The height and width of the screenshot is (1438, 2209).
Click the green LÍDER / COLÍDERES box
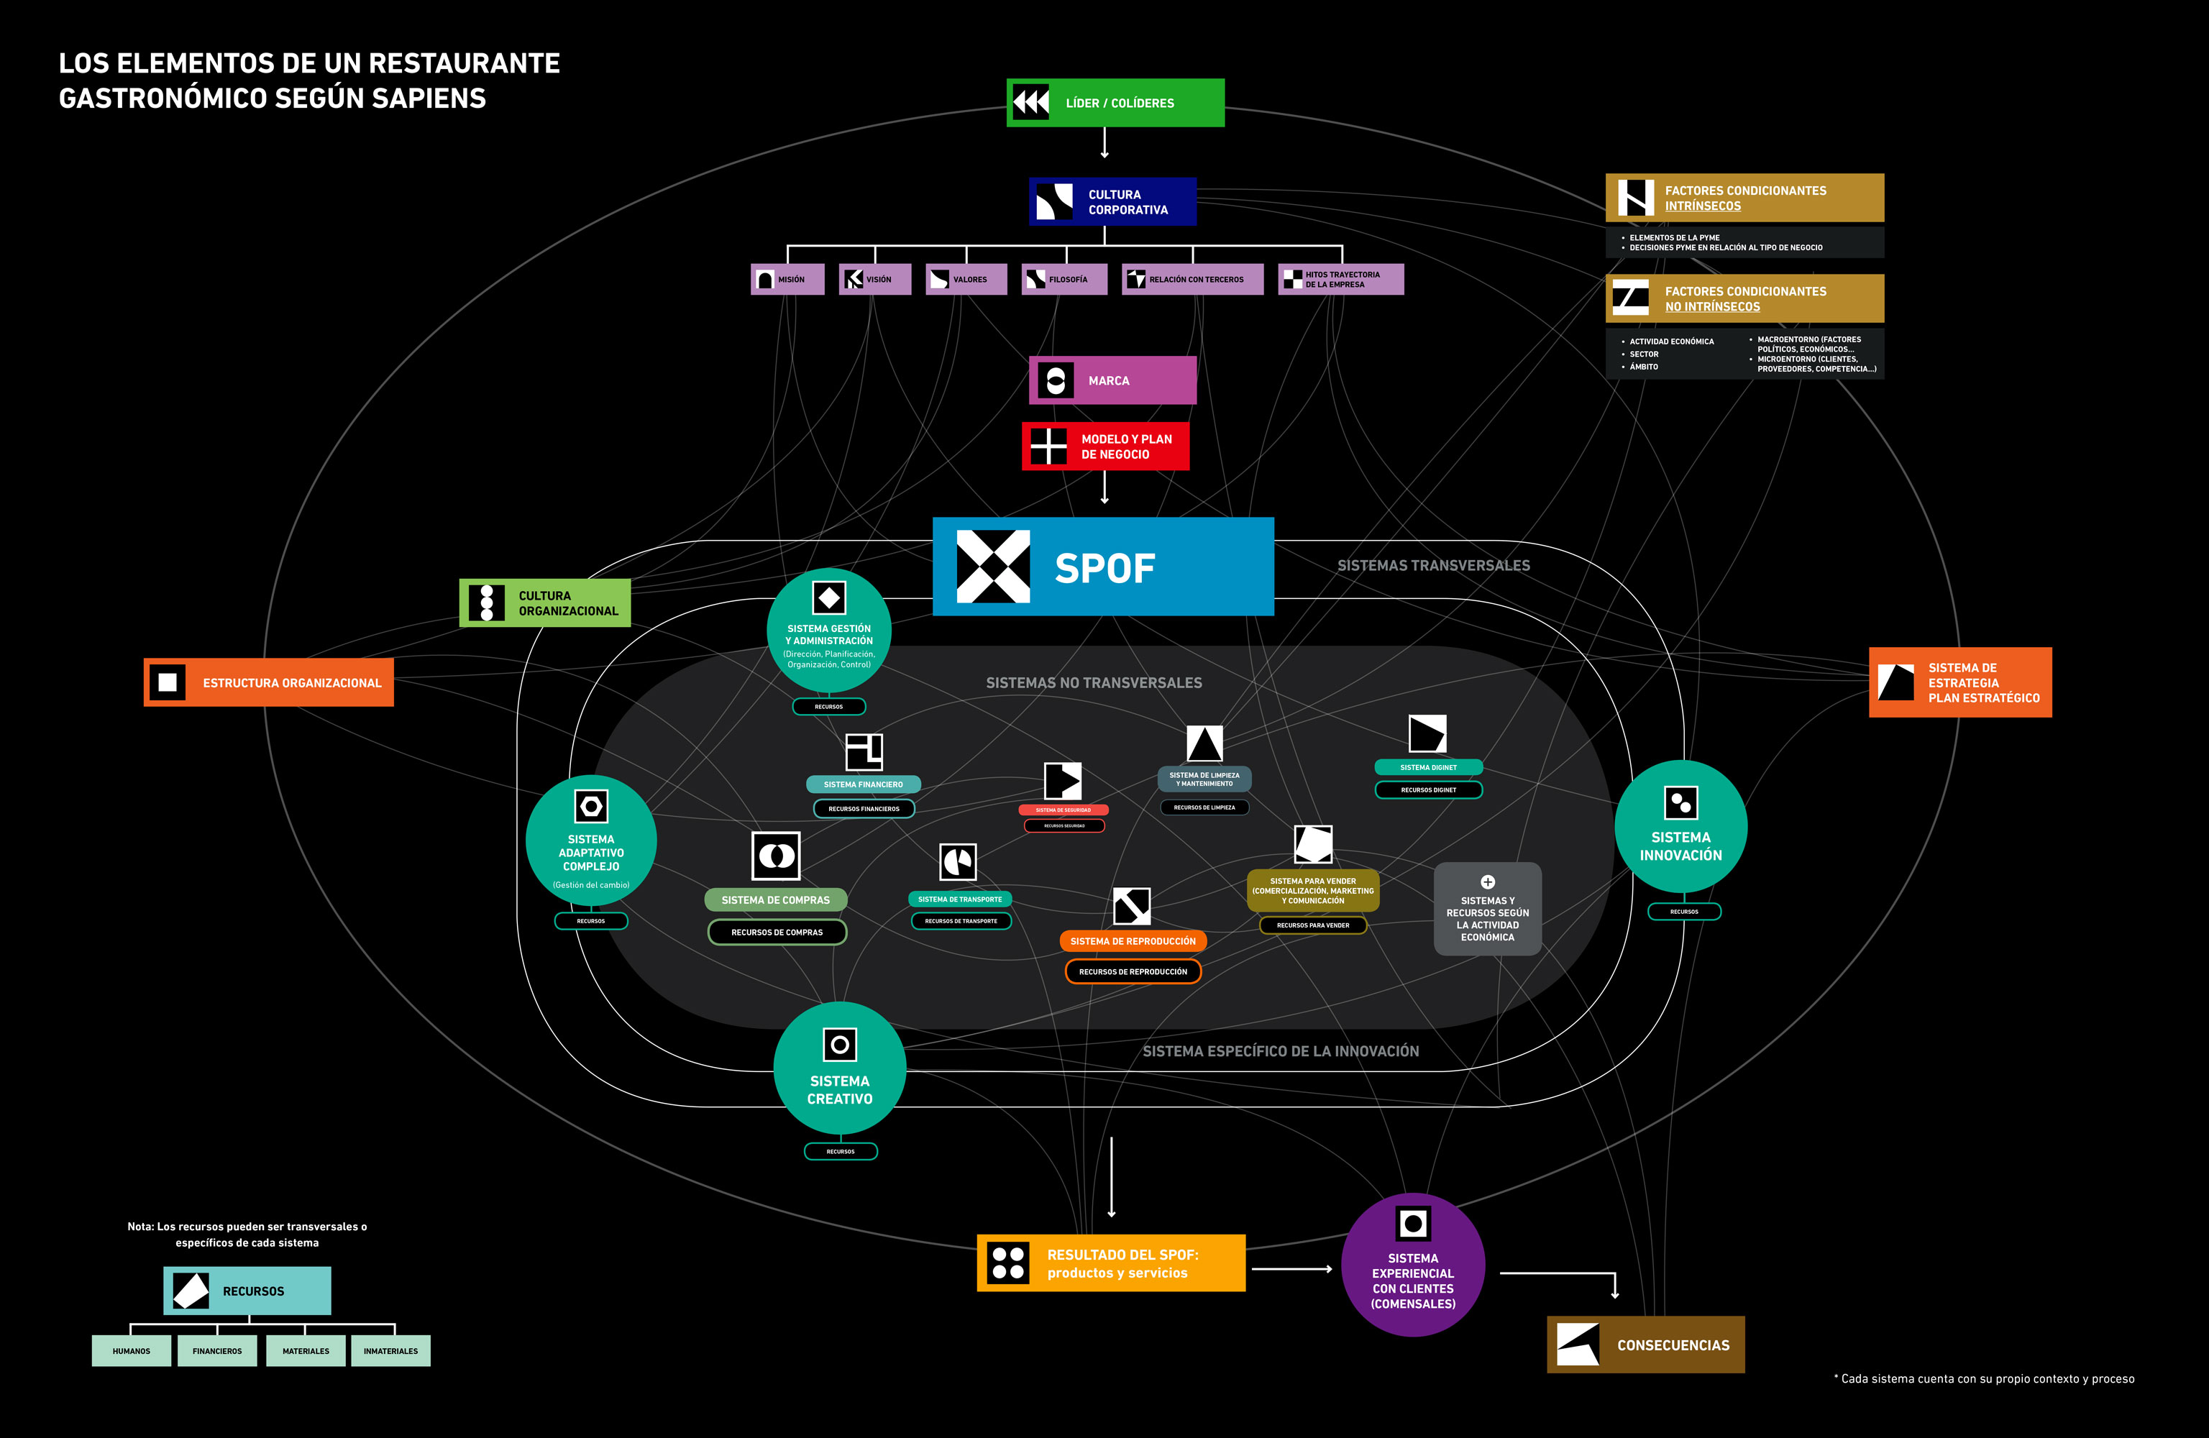click(x=1115, y=103)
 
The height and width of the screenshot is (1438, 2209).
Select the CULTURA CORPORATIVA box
click(x=1112, y=201)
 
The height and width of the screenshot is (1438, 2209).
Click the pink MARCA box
click(x=1112, y=380)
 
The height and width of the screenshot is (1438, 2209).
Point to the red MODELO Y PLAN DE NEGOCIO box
click(x=1104, y=446)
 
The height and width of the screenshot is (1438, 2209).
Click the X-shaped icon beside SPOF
click(x=992, y=567)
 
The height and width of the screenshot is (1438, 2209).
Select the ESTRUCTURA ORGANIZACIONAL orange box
click(x=268, y=682)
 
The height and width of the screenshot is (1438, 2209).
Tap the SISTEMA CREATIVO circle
click(x=839, y=1068)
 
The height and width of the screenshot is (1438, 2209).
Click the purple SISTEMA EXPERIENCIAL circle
click(x=1413, y=1265)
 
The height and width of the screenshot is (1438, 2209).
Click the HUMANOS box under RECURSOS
click(x=131, y=1351)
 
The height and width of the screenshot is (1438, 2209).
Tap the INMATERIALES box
click(x=390, y=1351)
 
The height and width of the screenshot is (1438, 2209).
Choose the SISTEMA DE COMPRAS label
click(x=775, y=899)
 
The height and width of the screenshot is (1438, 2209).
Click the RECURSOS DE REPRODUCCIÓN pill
click(x=1133, y=972)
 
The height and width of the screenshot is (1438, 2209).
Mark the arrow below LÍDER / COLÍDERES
click(x=1104, y=143)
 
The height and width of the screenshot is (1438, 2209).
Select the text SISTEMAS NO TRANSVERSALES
click(x=1094, y=683)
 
